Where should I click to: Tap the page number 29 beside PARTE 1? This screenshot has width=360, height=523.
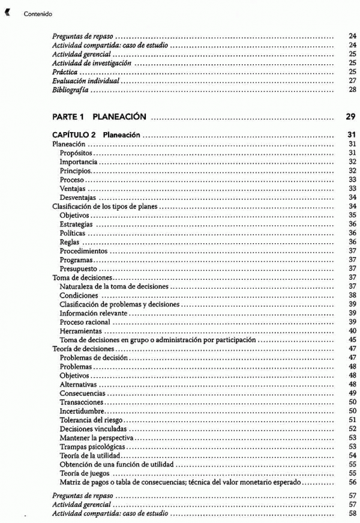(x=351, y=116)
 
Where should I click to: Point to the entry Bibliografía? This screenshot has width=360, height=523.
(x=70, y=90)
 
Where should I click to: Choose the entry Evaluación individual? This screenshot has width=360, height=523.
(x=86, y=80)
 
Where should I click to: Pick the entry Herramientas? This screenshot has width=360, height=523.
(x=80, y=331)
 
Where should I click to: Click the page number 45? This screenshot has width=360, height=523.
(x=352, y=340)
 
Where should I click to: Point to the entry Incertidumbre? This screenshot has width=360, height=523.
(x=82, y=411)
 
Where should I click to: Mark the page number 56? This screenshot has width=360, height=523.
(x=352, y=482)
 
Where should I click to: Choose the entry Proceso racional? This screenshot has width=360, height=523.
(x=85, y=322)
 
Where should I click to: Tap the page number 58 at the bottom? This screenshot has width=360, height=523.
(x=352, y=514)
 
